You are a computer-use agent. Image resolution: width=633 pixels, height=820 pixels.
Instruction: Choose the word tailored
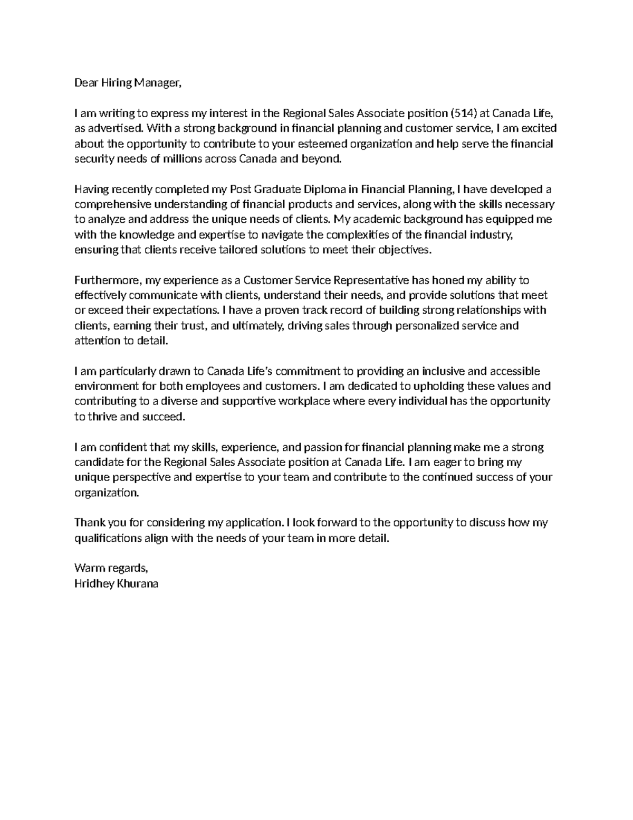tap(237, 250)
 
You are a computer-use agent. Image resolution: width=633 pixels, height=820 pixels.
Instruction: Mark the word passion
tap(323, 447)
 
